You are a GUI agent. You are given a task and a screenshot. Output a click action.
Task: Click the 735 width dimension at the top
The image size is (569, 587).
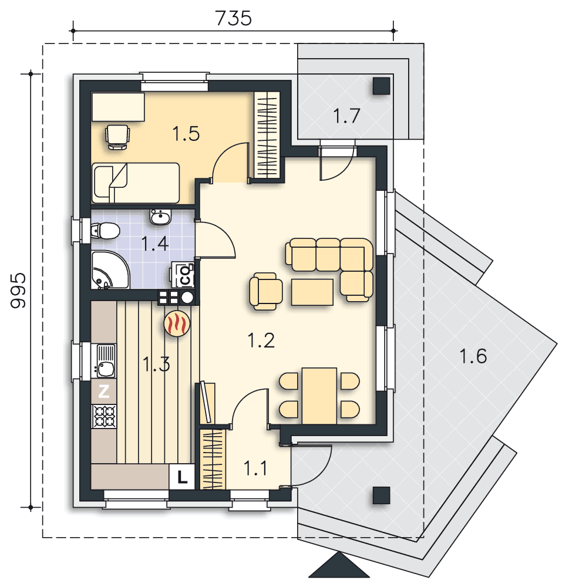[233, 18]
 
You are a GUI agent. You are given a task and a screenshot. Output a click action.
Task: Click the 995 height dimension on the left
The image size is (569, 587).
[18, 291]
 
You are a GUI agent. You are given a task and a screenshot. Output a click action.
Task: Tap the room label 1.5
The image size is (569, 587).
[186, 134]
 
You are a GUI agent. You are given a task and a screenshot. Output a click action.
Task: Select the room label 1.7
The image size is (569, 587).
[346, 116]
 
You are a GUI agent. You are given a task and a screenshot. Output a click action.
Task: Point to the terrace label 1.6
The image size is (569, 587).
[473, 356]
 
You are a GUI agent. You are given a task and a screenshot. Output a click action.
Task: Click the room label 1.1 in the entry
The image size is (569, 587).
[255, 468]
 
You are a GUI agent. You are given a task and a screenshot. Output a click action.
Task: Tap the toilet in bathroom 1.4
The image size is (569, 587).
[105, 231]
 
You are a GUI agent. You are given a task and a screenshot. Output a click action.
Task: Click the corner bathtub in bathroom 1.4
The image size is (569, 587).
[110, 270]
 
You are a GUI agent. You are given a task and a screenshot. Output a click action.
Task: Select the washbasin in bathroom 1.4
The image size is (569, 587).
[161, 217]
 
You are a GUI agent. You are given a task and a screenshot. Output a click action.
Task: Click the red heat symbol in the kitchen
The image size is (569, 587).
[177, 323]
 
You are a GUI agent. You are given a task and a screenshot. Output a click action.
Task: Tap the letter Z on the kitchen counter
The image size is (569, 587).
[104, 392]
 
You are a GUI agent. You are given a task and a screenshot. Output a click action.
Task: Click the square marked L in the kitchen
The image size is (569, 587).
[181, 477]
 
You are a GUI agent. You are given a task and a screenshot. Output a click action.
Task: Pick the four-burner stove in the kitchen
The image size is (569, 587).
[104, 416]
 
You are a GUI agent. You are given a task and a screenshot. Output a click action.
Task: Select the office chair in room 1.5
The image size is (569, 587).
[117, 137]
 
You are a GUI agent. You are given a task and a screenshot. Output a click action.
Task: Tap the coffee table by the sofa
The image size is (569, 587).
[312, 292]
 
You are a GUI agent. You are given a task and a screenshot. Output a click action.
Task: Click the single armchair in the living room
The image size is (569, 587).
[265, 291]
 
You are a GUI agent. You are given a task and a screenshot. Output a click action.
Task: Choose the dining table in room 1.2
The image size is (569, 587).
[319, 396]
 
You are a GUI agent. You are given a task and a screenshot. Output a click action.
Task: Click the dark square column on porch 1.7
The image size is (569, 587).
[381, 86]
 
